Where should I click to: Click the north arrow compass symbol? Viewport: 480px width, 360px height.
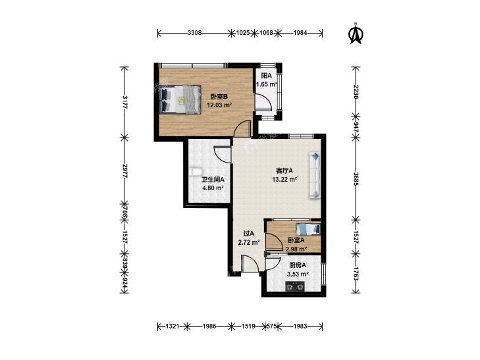[356, 34]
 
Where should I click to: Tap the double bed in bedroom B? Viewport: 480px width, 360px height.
[180, 99]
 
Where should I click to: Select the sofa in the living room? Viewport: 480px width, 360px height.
[314, 175]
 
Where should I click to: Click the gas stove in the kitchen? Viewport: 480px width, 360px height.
[295, 286]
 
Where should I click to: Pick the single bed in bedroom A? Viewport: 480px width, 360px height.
[308, 228]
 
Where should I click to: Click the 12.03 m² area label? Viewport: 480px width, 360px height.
[219, 105]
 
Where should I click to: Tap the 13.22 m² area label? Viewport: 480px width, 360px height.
[284, 180]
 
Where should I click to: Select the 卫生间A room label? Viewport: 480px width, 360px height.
[213, 180]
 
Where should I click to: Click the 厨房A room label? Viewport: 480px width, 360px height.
[298, 265]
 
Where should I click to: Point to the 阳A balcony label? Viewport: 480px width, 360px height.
[266, 76]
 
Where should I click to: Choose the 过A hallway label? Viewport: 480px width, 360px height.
[249, 234]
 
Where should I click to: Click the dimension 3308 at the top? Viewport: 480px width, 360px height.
[195, 33]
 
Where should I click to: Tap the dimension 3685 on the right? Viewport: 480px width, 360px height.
[356, 179]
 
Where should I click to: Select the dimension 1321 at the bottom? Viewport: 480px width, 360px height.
[172, 326]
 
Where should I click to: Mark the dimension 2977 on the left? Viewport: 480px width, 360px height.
[124, 171]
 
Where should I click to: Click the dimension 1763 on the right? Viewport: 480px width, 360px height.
[356, 274]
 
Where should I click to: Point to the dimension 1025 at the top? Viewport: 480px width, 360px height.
[243, 33]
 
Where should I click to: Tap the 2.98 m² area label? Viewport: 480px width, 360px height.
[296, 249]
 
